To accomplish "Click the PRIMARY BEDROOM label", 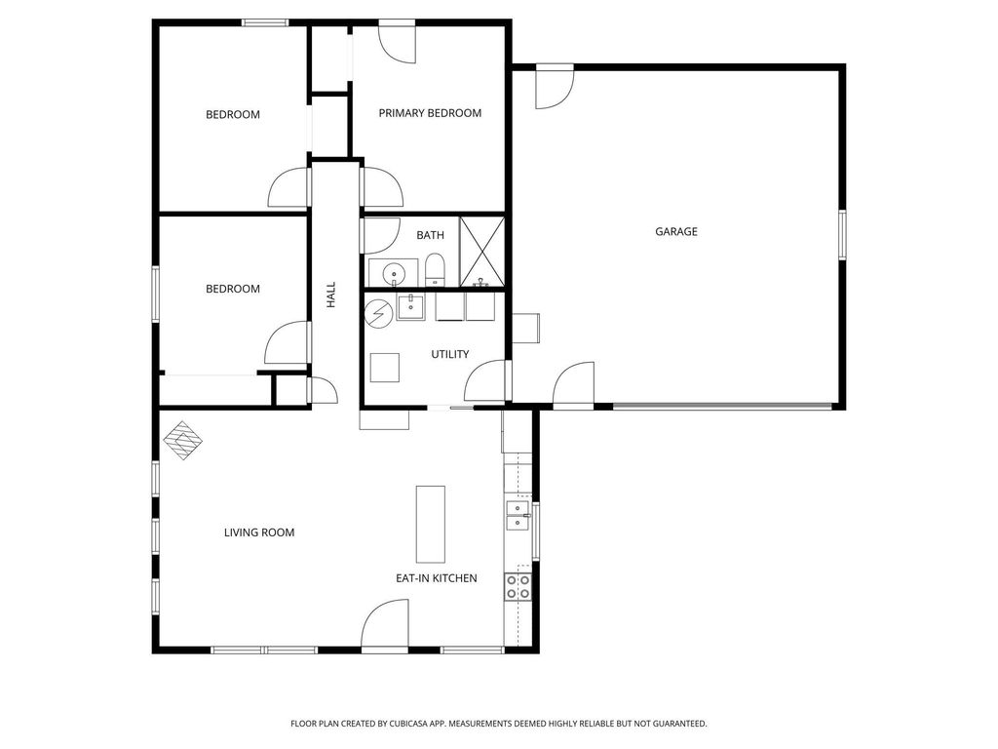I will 430,113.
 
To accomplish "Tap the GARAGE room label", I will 675,232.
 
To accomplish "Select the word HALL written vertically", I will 331,296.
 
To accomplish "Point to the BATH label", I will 430,235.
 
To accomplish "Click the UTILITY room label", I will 449,354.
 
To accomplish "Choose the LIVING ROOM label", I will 259,532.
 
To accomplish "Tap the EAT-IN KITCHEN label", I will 436,578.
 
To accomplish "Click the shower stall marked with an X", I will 482,252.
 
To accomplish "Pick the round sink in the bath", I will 395,274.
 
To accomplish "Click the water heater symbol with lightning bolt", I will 376,312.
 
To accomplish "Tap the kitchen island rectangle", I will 430,524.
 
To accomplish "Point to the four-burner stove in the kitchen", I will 518,586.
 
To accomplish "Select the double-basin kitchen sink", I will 517,515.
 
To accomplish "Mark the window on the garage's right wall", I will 843,234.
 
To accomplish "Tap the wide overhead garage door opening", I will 721,406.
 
